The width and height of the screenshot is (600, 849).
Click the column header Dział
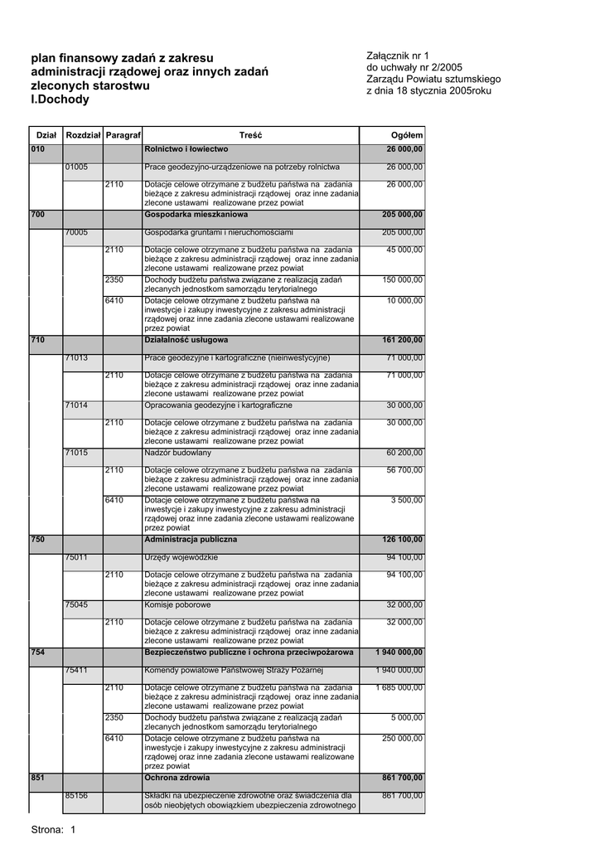(46, 135)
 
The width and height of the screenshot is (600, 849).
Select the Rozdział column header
(83, 135)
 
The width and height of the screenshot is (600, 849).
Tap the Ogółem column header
(407, 135)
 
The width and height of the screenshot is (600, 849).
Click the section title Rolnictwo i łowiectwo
(186, 149)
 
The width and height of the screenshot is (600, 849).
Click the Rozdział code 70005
(77, 232)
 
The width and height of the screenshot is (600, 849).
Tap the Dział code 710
(37, 340)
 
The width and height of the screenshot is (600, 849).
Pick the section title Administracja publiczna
(191, 540)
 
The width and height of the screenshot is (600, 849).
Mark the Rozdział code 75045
(77, 605)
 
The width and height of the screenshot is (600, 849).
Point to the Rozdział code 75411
(77, 670)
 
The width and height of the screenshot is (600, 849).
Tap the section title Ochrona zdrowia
(177, 779)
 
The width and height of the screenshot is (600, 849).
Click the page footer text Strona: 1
(53, 829)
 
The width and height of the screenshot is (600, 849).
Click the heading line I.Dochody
(60, 100)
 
